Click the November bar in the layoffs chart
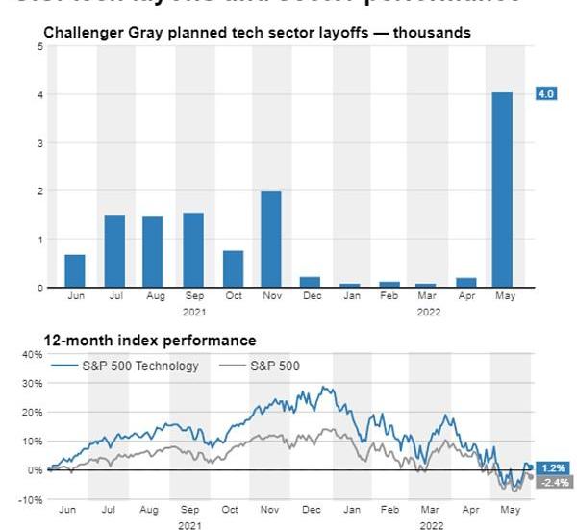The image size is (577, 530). pos(270,240)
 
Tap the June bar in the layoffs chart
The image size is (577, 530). pos(75,271)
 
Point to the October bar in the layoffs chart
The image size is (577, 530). pos(232,269)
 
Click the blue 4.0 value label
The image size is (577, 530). pos(545,94)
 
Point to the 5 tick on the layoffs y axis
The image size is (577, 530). pos(40,46)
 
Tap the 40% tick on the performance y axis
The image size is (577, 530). pos(33,354)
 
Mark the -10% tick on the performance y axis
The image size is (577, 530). pos(32,500)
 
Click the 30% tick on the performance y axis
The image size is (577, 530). pos(33,383)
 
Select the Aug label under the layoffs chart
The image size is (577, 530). pos(154,296)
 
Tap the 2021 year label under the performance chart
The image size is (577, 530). pos(190,525)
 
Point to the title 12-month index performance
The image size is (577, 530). pos(150,340)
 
